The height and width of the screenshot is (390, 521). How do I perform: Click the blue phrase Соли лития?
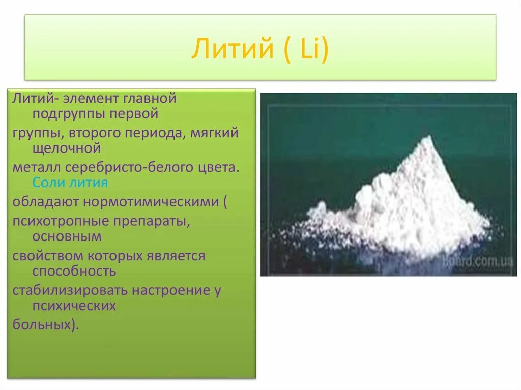point(70,183)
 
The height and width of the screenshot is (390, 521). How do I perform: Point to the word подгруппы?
point(69,114)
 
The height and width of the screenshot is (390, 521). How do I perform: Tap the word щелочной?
point(67,148)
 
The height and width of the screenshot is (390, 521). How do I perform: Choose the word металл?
point(37,167)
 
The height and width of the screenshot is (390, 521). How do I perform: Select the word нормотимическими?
point(151,202)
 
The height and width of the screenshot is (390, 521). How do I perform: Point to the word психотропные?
point(61,221)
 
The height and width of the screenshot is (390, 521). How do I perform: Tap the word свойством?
point(48,256)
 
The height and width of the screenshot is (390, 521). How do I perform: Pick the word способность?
point(74,271)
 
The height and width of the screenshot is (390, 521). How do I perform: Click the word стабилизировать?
point(70,290)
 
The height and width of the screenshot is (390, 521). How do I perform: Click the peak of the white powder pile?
point(430,136)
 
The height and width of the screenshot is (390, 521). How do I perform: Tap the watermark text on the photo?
point(479,261)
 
